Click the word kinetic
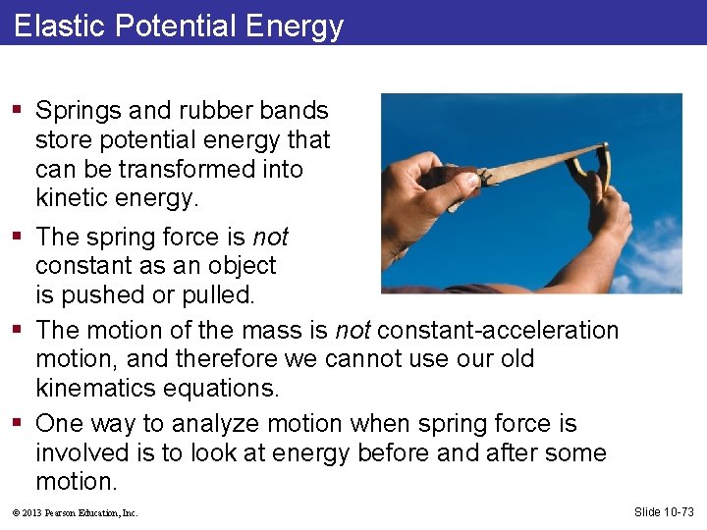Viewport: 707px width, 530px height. point(73,198)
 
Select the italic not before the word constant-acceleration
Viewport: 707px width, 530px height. point(353,330)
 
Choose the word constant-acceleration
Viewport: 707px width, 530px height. point(498,330)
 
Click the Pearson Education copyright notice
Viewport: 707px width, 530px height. point(77,512)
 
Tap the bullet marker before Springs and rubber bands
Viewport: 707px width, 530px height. point(22,111)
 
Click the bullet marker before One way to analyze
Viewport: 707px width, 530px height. point(22,424)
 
